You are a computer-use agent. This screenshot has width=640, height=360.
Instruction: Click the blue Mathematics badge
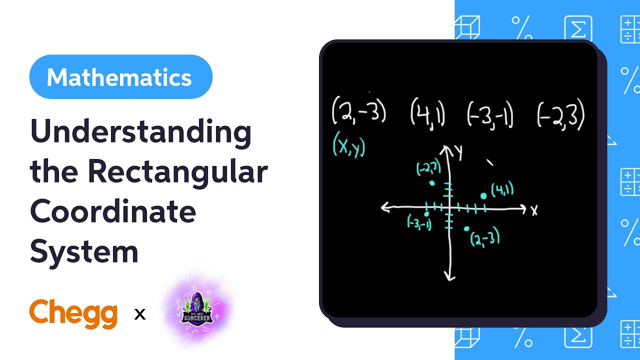(120, 77)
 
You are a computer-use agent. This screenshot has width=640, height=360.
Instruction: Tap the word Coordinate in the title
(113, 211)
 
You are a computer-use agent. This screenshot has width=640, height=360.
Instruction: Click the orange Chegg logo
(73, 313)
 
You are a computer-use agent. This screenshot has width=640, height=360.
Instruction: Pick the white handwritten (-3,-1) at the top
(490, 113)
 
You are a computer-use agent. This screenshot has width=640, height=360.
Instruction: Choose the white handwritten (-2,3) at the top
(560, 114)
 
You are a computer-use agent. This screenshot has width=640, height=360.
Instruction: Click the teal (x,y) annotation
(349, 146)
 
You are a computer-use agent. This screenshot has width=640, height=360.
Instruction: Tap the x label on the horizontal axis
(534, 210)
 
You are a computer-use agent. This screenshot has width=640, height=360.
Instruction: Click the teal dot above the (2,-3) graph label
(466, 228)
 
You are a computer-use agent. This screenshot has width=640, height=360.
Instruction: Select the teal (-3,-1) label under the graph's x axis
(419, 223)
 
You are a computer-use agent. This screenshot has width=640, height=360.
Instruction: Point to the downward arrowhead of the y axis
(449, 275)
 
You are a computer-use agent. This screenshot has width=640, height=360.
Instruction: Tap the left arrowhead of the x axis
(385, 207)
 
